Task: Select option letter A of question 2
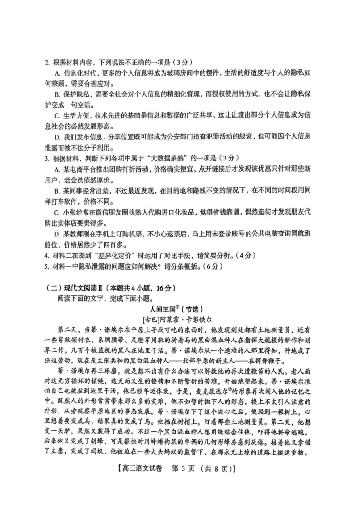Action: click(57, 73)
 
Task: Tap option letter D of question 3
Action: click(57, 233)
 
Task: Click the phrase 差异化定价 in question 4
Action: click(109, 256)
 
